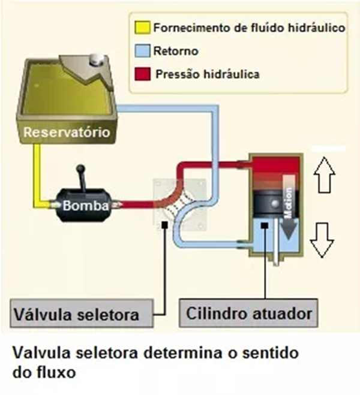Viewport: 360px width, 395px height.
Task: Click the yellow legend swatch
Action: (143, 28)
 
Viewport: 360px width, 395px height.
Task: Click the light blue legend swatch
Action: (143, 52)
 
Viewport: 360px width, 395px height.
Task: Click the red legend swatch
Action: (143, 74)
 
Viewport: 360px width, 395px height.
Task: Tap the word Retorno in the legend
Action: (175, 52)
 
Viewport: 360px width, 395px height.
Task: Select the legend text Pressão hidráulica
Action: (207, 74)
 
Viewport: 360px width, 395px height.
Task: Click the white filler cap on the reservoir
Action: (95, 61)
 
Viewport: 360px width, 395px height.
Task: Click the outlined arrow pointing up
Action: (326, 175)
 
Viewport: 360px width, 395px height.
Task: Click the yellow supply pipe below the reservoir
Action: (38, 174)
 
